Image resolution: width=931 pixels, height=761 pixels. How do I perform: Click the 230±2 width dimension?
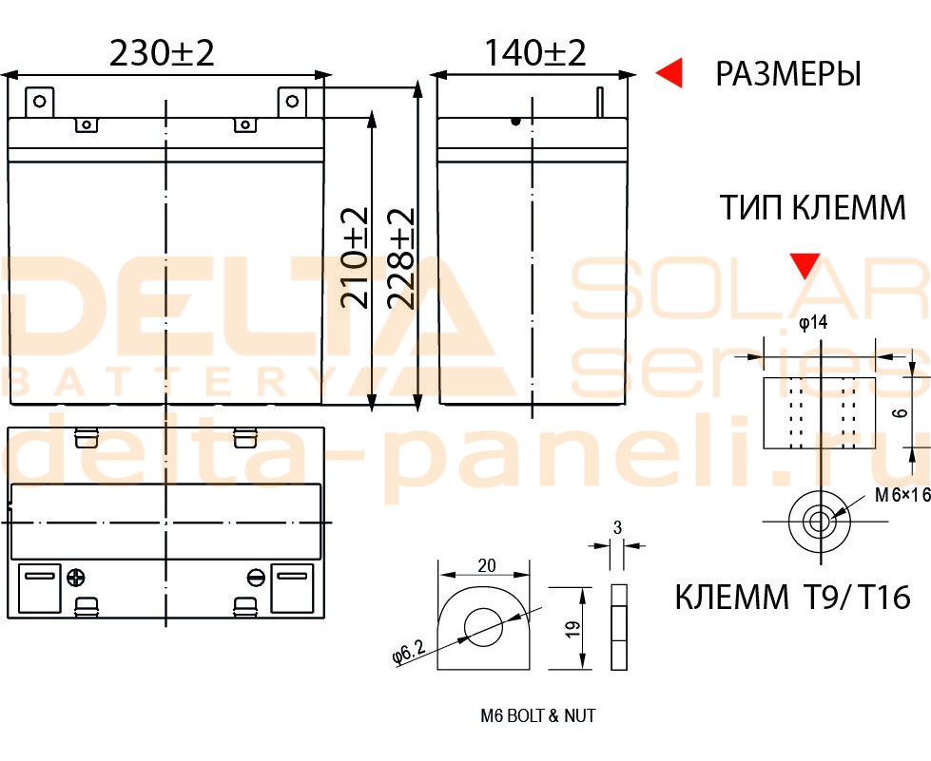pos(162,53)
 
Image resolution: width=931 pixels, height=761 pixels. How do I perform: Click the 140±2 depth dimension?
pos(535,53)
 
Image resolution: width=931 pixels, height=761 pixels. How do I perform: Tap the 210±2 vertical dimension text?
pos(355,257)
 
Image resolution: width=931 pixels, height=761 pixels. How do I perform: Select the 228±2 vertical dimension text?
pos(400,257)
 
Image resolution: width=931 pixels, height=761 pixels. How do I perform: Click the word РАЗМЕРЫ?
pos(788,73)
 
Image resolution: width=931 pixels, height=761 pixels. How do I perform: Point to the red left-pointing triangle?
pos(669,73)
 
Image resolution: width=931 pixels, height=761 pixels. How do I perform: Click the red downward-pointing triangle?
pos(805,266)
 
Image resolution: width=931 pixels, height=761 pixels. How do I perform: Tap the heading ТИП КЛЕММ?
pos(813,207)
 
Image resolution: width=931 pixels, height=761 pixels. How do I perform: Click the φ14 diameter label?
pos(813,323)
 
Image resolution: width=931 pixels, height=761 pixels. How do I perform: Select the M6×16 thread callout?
pos(902,494)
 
